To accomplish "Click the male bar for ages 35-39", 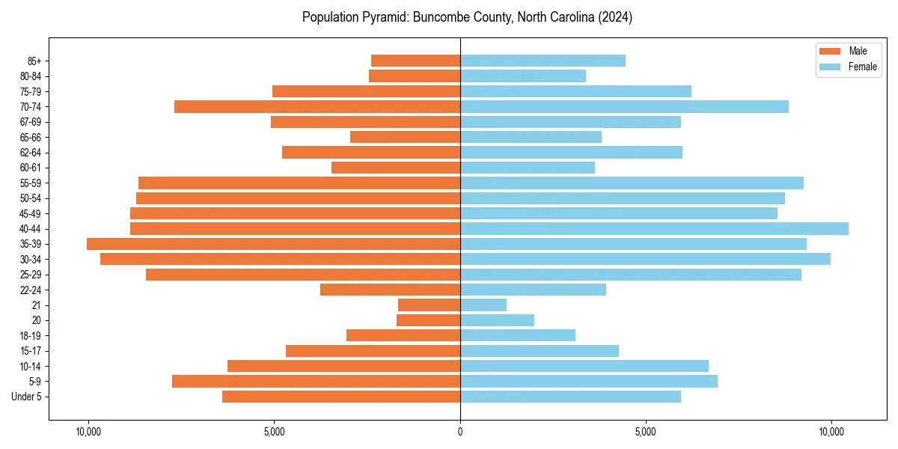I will [273, 244].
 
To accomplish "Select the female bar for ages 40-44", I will [654, 228].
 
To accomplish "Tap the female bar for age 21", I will [483, 305].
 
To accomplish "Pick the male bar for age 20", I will [428, 320].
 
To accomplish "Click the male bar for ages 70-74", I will [317, 106].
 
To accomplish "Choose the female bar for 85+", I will [543, 61].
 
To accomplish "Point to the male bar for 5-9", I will [316, 381].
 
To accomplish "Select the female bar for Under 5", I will [570, 397].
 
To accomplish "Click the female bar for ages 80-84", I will [523, 76].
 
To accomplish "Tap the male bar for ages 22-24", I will [390, 290].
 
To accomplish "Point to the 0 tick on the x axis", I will [460, 432].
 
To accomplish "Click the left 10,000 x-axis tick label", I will [88, 432].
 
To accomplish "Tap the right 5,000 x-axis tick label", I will [645, 432].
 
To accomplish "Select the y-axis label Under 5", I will [27, 397].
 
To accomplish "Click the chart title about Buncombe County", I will [467, 17].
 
